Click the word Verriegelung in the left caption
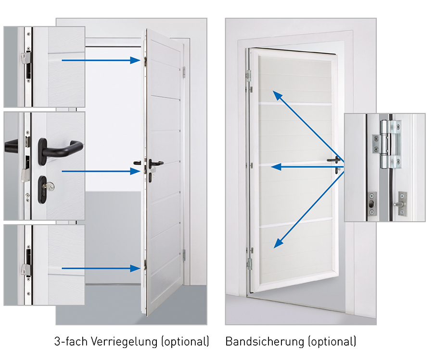(125, 342)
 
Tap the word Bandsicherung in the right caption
(265, 342)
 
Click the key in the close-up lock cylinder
(50, 187)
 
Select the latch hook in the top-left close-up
(25, 58)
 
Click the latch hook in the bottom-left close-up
(25, 270)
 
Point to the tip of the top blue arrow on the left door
(140, 60)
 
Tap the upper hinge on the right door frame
(249, 75)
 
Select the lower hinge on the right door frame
(249, 264)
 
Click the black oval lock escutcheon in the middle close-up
(42, 190)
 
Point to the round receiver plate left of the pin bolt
(372, 204)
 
